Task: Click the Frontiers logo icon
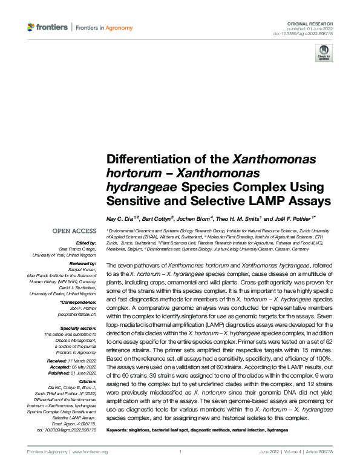point(31,27)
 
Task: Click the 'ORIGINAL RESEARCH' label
point(312,22)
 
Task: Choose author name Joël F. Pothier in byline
point(292,217)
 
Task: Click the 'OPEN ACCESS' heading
point(74,231)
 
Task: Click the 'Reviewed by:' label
point(82,264)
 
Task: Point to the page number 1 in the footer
point(180,452)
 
